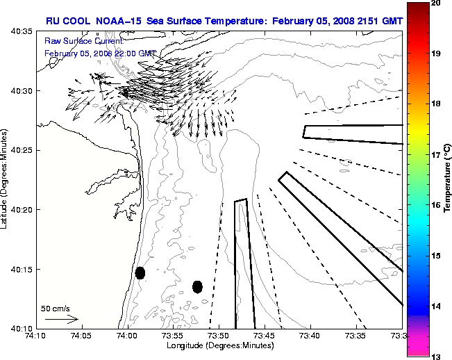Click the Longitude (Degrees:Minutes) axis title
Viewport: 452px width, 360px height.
tap(219, 345)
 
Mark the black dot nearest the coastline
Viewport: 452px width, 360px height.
tap(140, 272)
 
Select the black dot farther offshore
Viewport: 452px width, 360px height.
tap(197, 286)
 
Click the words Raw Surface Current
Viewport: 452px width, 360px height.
tap(76, 42)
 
